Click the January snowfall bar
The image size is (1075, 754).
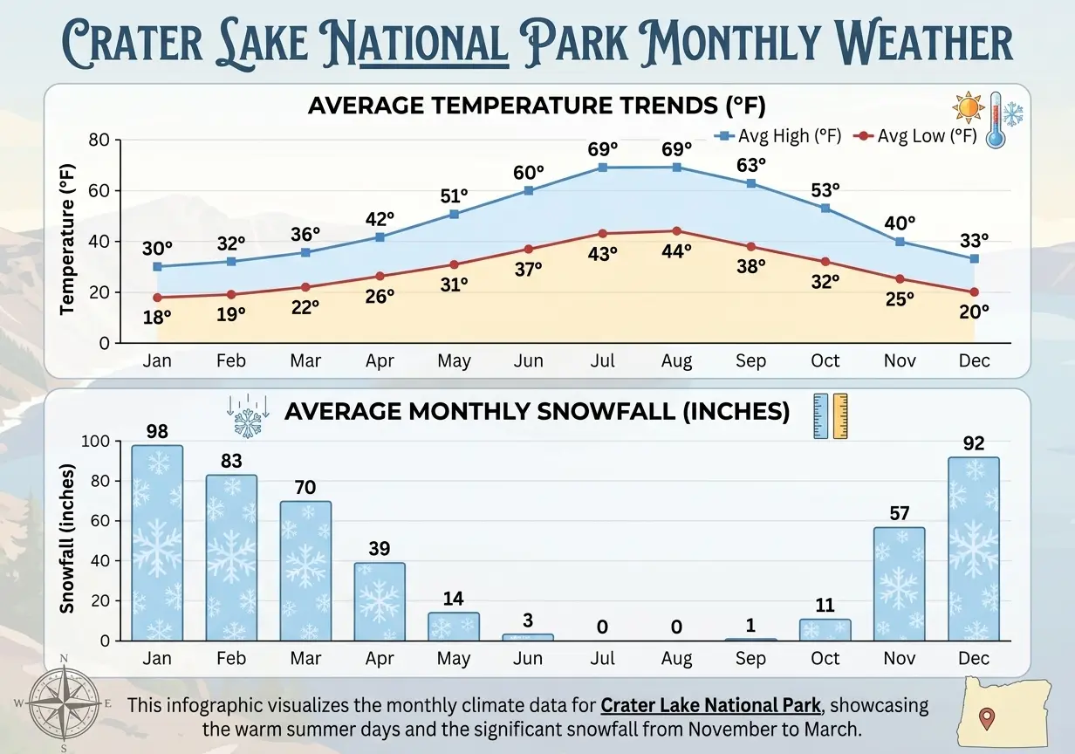tap(157, 542)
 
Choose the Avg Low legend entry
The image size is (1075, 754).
tap(915, 136)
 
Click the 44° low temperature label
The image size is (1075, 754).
tap(676, 250)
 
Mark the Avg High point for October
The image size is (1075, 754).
tap(825, 209)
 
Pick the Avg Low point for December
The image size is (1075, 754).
tap(974, 292)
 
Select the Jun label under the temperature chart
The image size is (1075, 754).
tap(528, 360)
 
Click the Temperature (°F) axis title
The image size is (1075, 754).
tap(67, 242)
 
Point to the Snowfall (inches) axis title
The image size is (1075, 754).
tap(67, 538)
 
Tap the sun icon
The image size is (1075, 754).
tap(968, 107)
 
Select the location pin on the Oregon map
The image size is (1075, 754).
tap(987, 719)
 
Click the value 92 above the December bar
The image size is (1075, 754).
tap(974, 443)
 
